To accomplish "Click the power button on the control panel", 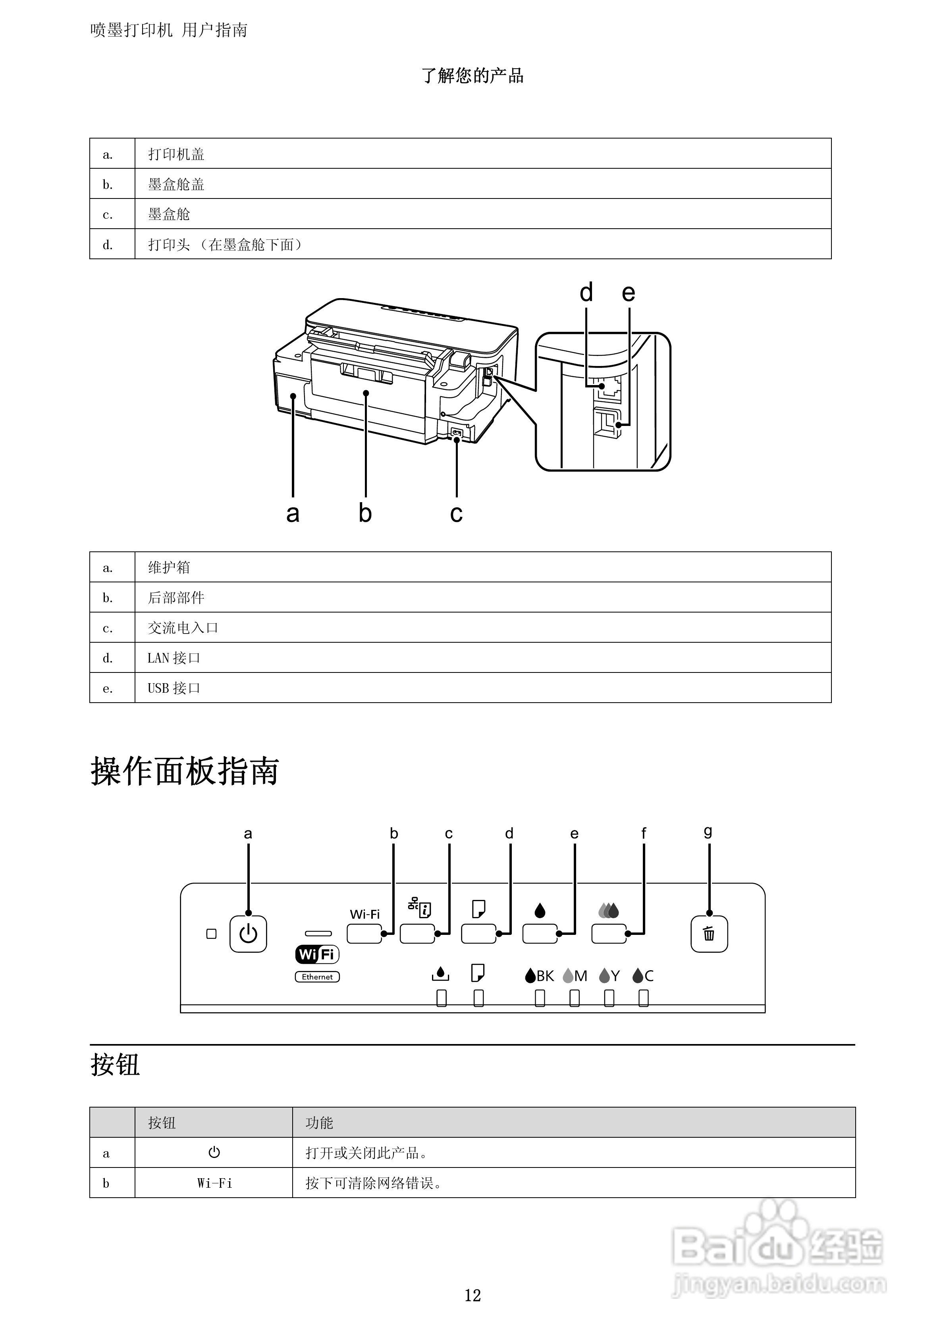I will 248,934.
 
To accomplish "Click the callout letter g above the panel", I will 708,832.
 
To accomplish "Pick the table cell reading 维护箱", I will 169,567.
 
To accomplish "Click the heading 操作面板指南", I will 185,772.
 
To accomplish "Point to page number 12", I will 472,1295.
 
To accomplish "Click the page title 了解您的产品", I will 472,76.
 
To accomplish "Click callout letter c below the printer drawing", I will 456,513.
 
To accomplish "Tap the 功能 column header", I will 319,1123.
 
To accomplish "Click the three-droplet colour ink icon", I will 608,910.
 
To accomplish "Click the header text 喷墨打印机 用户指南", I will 169,30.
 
